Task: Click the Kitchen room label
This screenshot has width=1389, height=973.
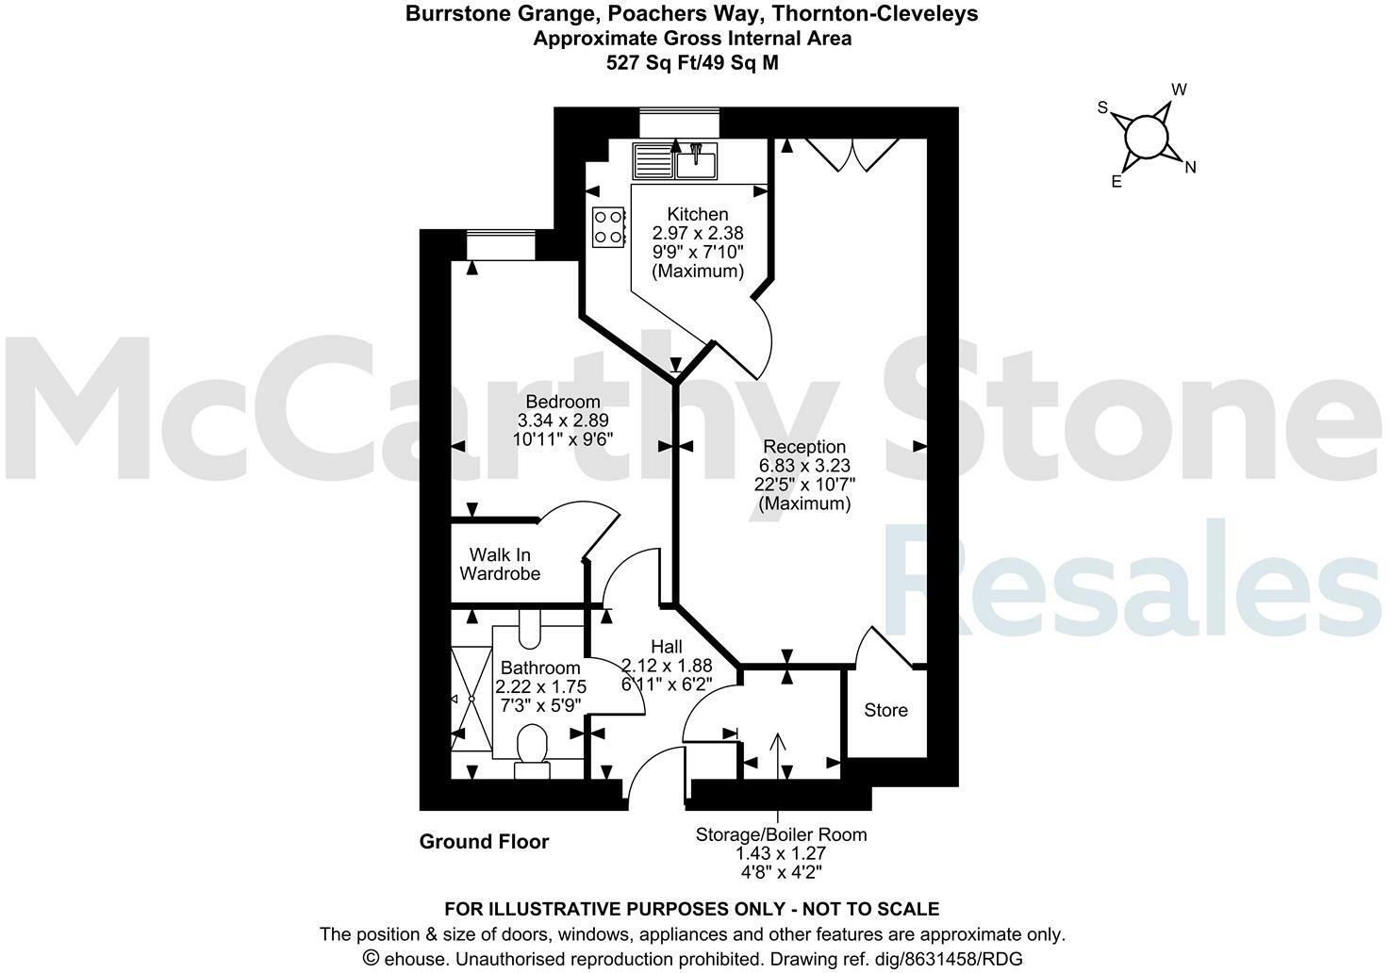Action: click(697, 214)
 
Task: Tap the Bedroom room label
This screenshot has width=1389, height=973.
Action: click(563, 402)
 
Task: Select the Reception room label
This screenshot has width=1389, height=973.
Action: click(804, 447)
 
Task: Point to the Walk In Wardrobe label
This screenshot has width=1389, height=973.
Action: click(500, 564)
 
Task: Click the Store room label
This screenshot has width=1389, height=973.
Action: click(885, 710)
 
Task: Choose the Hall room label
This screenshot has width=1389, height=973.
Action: click(666, 647)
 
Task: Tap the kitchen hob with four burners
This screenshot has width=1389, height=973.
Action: click(608, 226)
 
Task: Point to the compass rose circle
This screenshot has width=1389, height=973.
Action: click(1146, 137)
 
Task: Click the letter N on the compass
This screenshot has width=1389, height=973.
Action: click(1190, 168)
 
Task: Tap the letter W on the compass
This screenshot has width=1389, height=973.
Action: click(1179, 90)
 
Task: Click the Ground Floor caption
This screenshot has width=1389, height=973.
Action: click(484, 842)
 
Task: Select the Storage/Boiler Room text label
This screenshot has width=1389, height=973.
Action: click(781, 834)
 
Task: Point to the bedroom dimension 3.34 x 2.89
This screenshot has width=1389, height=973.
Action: click(563, 421)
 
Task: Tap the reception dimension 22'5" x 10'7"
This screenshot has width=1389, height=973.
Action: click(804, 485)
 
